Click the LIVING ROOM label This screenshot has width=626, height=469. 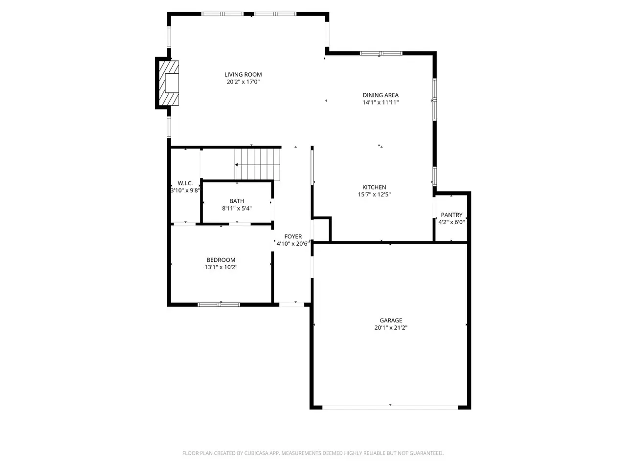click(243, 75)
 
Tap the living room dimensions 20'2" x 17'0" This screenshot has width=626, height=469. click(243, 82)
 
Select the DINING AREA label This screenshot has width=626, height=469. click(380, 95)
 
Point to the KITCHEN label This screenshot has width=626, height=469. click(374, 187)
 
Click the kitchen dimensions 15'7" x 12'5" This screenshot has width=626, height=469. click(374, 194)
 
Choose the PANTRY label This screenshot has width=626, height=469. click(451, 214)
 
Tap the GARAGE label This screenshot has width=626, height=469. click(391, 320)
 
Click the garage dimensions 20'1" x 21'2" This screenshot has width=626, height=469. click(391, 327)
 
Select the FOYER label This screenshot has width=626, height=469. click(293, 236)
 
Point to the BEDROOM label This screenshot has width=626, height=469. click(221, 260)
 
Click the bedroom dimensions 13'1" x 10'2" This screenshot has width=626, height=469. click(221, 267)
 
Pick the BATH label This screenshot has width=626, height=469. click(237, 201)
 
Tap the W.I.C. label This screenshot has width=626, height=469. click(185, 183)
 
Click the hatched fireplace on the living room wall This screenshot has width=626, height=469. click(169, 83)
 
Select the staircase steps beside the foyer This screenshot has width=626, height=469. click(258, 165)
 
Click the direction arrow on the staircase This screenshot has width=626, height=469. click(254, 165)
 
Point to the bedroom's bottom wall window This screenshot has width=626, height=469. click(219, 304)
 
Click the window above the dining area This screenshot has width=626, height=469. click(381, 53)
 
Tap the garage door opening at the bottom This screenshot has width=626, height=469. click(390, 407)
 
